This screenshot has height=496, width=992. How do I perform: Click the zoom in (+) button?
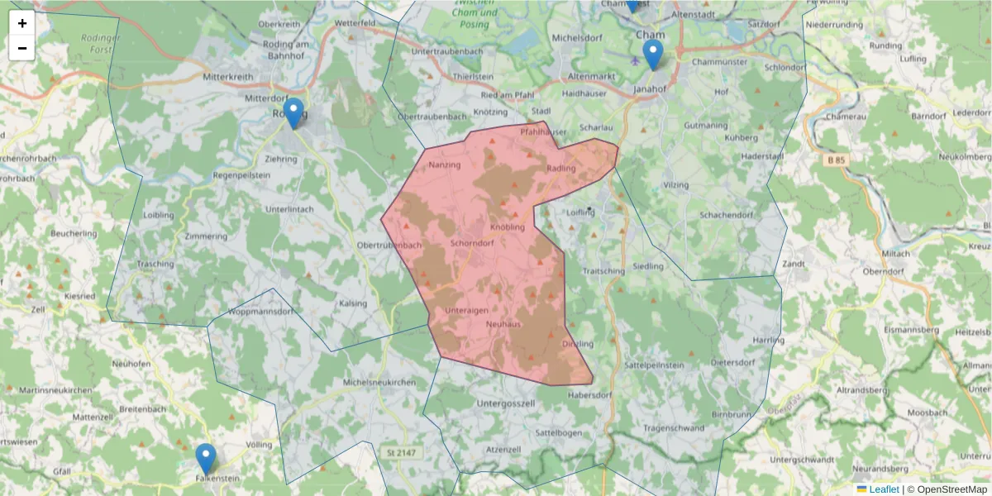22,23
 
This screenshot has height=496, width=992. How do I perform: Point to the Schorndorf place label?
474,244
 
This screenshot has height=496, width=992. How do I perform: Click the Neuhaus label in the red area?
503,323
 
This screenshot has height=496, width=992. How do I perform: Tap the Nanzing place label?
445,165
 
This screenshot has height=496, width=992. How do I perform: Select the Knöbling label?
508,227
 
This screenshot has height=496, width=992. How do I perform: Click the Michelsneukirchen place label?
379,383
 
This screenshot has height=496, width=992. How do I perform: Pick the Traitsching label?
603,270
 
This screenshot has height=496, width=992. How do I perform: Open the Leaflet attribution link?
884,489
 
